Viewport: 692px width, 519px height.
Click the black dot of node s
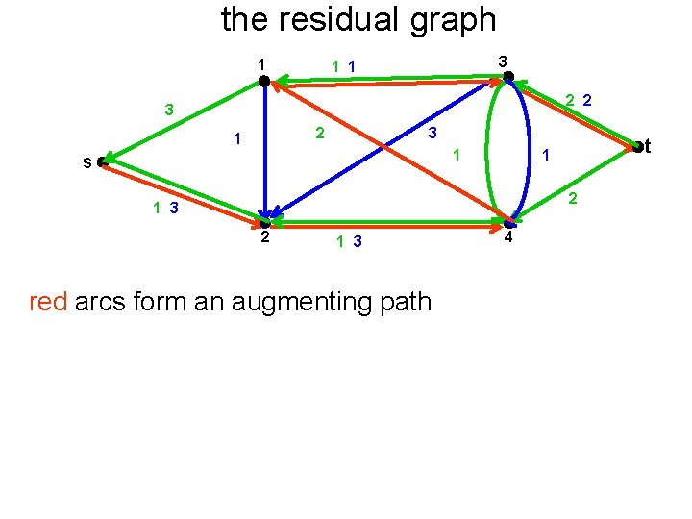coord(102,162)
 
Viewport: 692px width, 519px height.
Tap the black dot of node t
coord(636,146)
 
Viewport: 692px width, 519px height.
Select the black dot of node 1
coord(264,83)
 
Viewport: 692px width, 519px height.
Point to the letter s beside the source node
coord(87,163)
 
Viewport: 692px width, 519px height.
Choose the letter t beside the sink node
coord(649,146)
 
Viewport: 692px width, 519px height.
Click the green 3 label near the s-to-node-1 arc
coord(168,110)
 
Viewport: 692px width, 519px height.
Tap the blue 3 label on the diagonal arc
coord(432,131)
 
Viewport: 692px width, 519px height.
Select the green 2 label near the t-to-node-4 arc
coord(572,199)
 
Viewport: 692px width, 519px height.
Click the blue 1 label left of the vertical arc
coord(235,140)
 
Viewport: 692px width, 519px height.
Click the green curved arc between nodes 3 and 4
coord(489,149)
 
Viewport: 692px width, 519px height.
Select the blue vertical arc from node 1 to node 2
coord(262,154)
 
